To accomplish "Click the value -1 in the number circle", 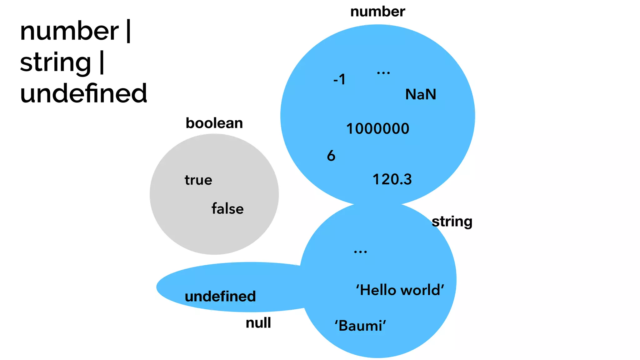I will coord(339,79).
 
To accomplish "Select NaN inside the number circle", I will coord(421,94).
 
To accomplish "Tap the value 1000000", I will coord(378,129).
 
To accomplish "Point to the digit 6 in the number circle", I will coord(331,156).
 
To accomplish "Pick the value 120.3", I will coord(392,179).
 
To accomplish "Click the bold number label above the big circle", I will coord(377,12).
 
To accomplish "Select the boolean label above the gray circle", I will coord(214,123).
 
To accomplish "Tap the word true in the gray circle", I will coord(198,180).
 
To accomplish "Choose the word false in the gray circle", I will coord(227,209).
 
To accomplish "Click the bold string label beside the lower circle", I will coord(452,222).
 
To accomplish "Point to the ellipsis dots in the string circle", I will coord(360,252).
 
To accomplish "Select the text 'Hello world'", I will coord(400,290).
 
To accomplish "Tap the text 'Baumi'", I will coord(360,326).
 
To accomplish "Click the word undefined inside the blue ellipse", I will coord(220,296).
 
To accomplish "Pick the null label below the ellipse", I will coord(258,323).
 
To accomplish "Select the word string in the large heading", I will coord(56,62).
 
